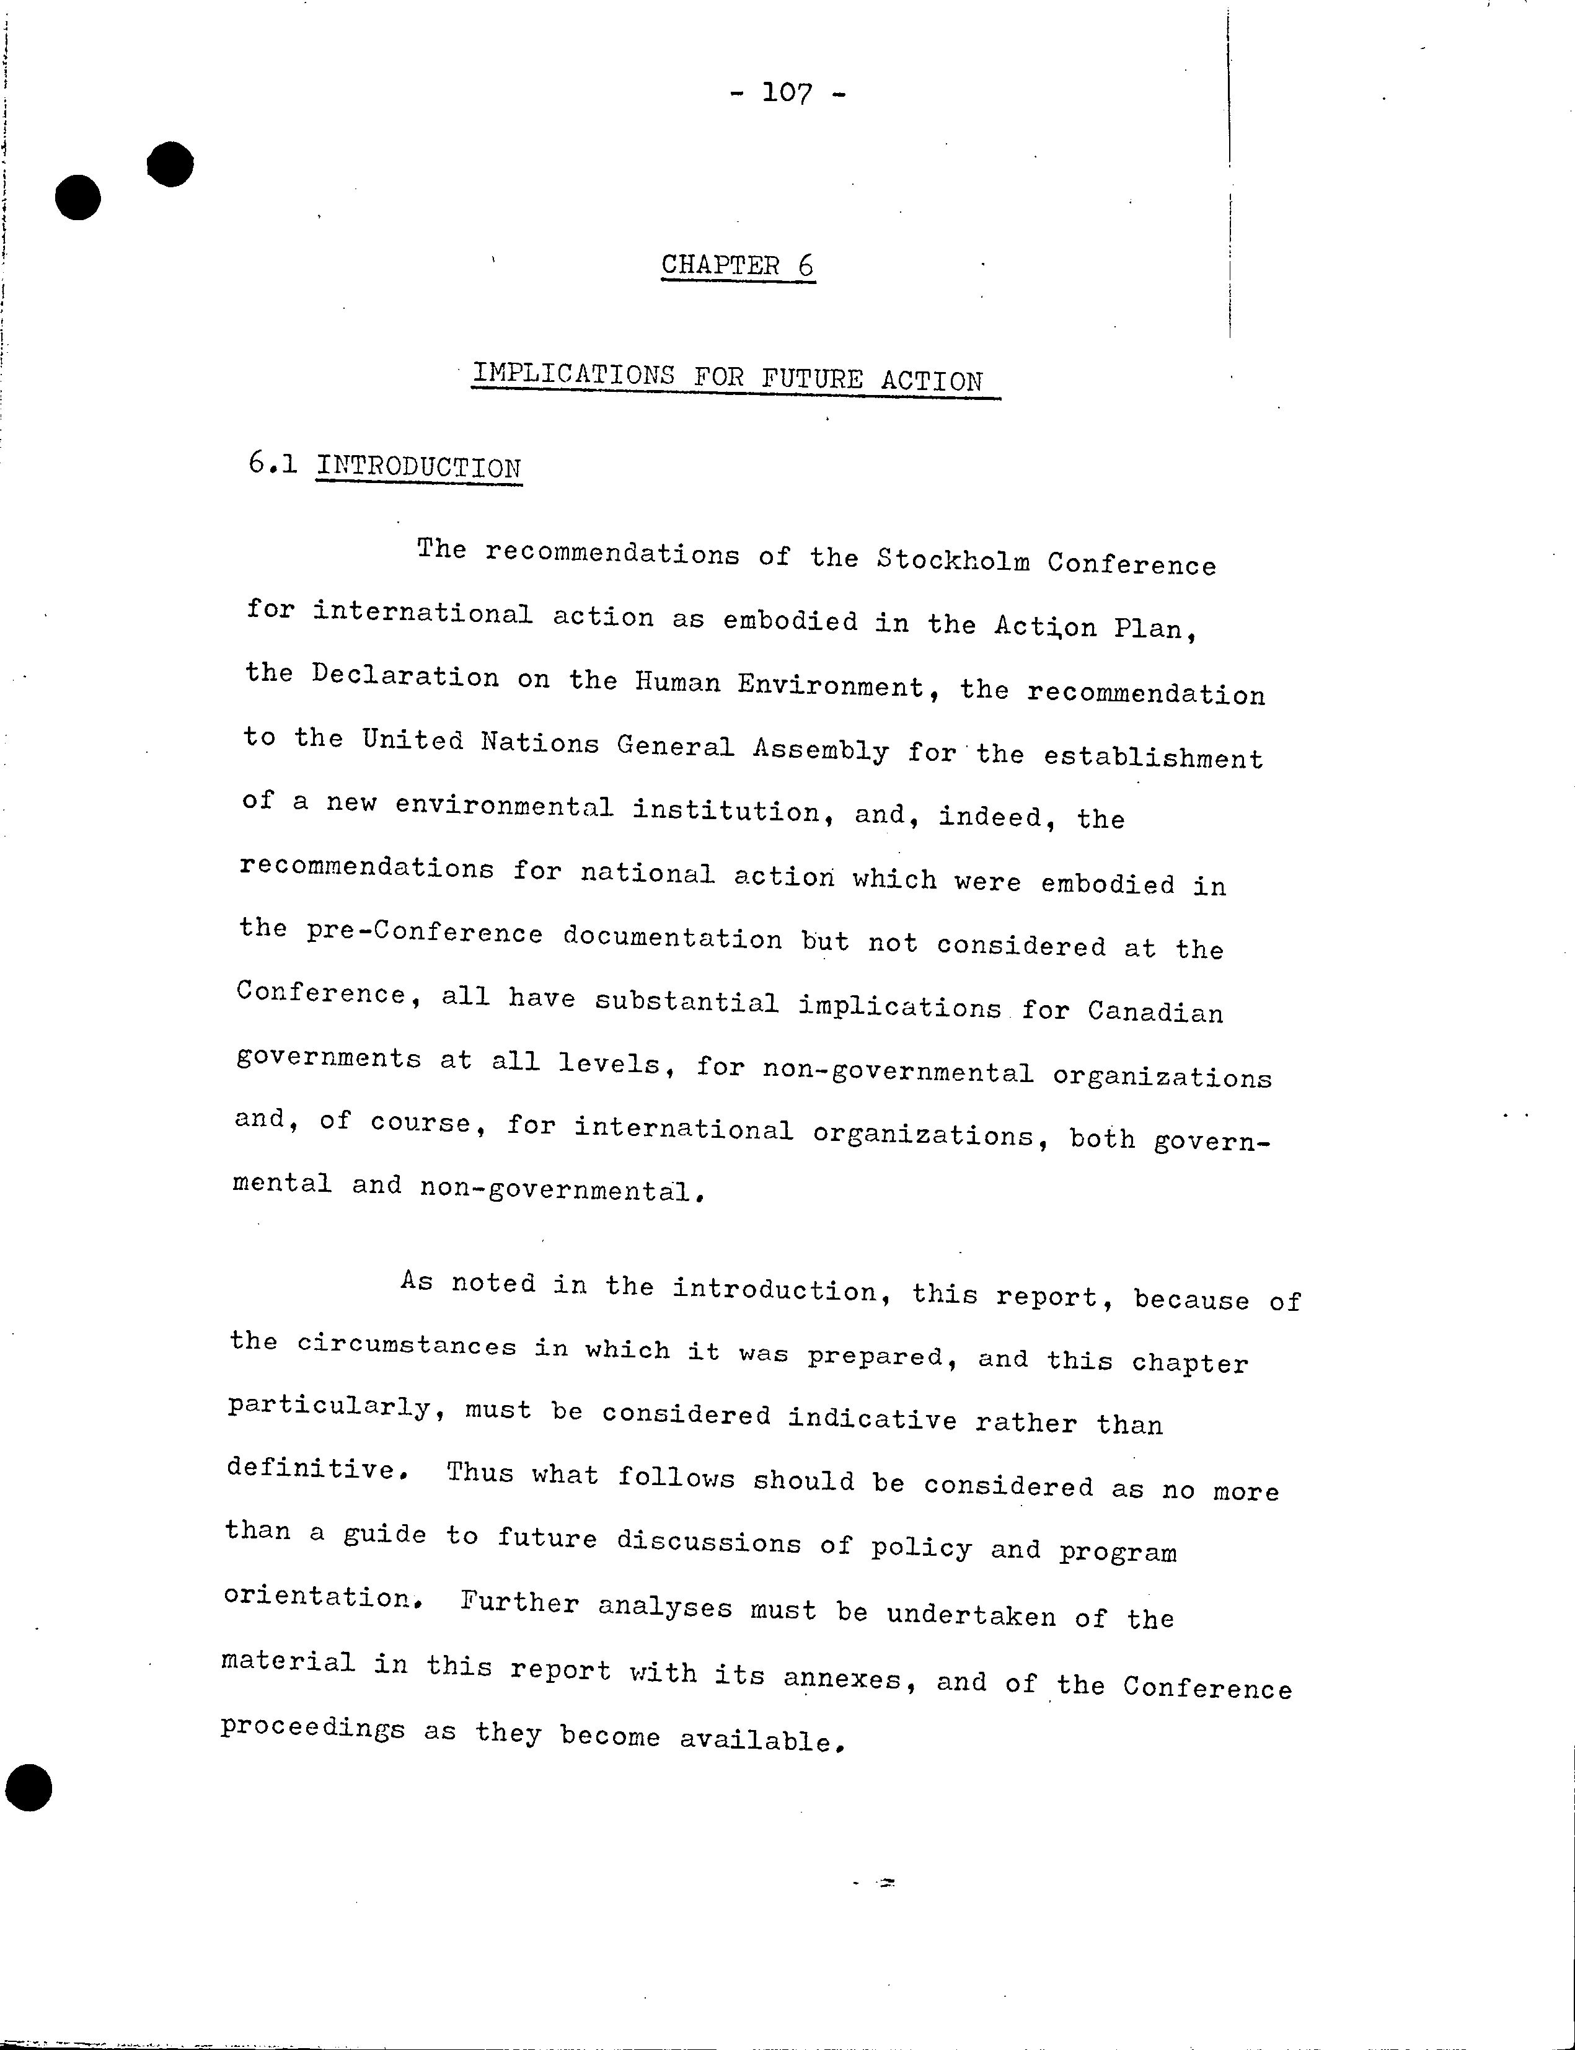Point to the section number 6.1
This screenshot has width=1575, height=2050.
pyautogui.click(x=273, y=463)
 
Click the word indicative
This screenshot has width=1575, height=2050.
pyautogui.click(x=872, y=1418)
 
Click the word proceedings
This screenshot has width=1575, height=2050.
pyautogui.click(x=312, y=1728)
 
